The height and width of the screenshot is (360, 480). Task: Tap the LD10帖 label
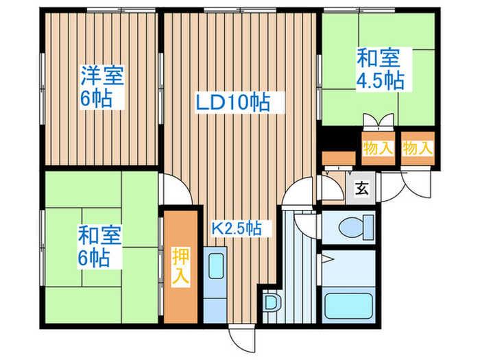tap(231, 103)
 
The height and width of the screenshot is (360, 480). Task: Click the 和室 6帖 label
tap(100, 247)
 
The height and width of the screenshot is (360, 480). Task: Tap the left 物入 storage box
tap(377, 147)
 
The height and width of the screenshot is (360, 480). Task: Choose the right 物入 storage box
tap(418, 147)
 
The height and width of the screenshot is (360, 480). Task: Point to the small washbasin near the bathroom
tap(272, 302)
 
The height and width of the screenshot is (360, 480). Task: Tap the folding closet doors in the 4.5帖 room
tap(379, 122)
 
